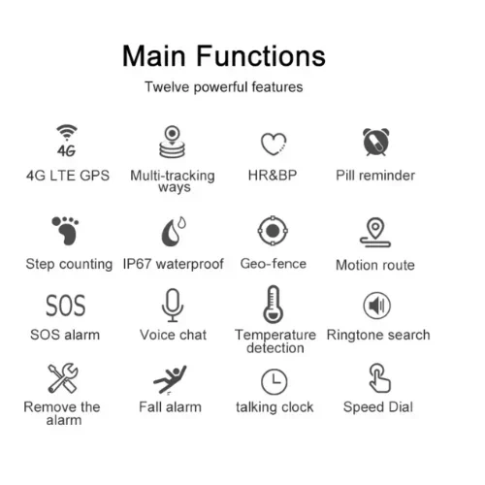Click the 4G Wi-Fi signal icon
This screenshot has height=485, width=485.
pos(67,141)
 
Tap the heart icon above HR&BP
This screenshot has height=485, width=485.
pos(274,144)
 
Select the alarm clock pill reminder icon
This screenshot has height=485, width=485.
pos(376,142)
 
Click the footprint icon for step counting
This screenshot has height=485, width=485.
pos(66,231)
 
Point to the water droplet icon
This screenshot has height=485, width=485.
pos(174,232)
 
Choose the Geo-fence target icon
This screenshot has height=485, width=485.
pos(273,231)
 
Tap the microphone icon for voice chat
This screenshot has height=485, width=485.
pos(173,306)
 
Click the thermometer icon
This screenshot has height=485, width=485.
pos(274,305)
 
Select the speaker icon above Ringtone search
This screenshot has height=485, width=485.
pos(377,306)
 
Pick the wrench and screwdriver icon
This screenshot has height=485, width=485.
pos(63,377)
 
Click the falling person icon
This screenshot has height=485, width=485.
pos(170,379)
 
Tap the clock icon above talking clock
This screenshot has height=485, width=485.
pos(274,381)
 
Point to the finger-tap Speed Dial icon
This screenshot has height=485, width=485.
pos(379,378)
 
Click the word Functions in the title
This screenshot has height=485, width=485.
pos(261,56)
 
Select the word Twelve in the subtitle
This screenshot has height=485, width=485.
pos(167,87)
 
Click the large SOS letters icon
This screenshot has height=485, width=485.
pos(66,306)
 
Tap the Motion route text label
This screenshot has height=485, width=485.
pos(375,265)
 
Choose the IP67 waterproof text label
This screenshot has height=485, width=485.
pos(174,264)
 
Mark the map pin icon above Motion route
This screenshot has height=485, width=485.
pos(375,232)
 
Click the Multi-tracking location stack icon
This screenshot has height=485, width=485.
pos(173,142)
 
